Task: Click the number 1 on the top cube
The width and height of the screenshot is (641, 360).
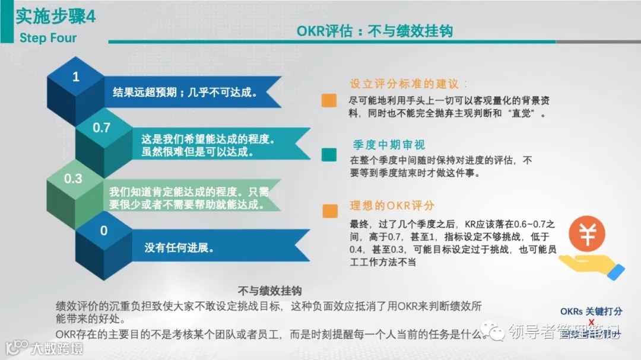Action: point(75,77)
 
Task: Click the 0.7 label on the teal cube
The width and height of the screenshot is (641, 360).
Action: point(101,128)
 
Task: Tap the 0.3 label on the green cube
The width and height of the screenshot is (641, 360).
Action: point(73,178)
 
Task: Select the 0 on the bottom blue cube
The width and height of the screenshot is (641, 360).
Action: point(104,231)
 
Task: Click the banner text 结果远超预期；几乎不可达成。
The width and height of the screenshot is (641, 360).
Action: point(185,92)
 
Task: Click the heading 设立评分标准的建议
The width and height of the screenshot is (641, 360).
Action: point(408,84)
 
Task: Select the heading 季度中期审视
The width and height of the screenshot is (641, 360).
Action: point(389,145)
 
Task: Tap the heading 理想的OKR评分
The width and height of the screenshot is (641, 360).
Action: point(392,206)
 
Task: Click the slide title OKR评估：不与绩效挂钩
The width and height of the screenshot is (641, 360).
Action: point(375,31)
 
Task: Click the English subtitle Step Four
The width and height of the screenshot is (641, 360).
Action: point(48,39)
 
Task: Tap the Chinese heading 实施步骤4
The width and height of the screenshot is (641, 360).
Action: point(55,17)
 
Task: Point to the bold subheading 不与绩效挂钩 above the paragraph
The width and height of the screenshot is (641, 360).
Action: point(269,291)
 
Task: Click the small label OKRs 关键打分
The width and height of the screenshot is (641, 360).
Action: point(591,311)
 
